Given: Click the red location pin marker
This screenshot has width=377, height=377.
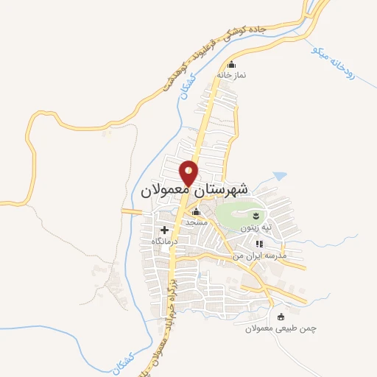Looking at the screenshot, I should click(190, 172).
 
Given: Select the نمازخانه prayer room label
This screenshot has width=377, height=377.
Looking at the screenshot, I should click(231, 75).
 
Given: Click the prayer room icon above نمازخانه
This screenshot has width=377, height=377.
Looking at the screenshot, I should click(232, 64).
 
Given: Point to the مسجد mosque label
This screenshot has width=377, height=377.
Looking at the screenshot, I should click(196, 222).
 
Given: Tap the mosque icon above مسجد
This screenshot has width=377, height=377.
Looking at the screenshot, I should click(196, 213).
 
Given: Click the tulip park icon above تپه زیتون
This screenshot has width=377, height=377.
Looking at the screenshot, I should click(256, 215).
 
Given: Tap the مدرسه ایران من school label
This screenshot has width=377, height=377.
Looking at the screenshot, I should click(258, 254).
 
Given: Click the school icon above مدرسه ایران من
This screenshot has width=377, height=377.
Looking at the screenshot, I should click(258, 244).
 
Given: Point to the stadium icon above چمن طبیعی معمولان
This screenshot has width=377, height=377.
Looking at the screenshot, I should click(281, 317).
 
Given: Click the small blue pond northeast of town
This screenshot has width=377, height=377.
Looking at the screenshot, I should click(279, 177).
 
